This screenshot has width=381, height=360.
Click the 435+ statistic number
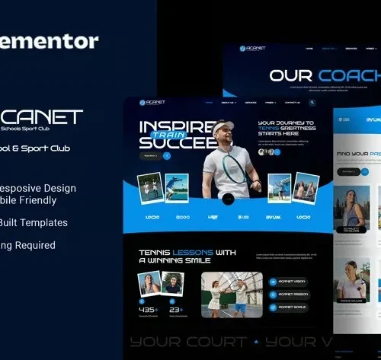(147, 309)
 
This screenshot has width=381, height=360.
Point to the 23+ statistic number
(175, 309)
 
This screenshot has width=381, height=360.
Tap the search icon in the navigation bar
(312, 101)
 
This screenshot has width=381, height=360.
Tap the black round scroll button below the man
(227, 199)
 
